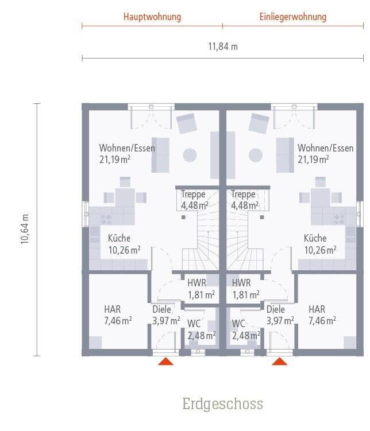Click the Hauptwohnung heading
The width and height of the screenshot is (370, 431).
pyautogui.click(x=152, y=17)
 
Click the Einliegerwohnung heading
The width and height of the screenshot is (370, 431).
pyautogui.click(x=293, y=17)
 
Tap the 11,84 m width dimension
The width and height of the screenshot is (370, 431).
pyautogui.click(x=223, y=46)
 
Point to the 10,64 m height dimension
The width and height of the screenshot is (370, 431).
pyautogui.click(x=25, y=228)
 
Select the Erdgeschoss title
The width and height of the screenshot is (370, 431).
pyautogui.click(x=222, y=404)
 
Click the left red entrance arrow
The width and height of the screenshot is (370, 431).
pyautogui.click(x=166, y=361)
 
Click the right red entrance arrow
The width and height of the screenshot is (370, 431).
pyautogui.click(x=280, y=361)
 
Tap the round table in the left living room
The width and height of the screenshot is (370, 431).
pyautogui.click(x=190, y=156)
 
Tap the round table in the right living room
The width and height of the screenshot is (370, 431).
pyautogui.click(x=256, y=156)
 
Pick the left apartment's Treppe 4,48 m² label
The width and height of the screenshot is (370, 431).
pyautogui.click(x=195, y=200)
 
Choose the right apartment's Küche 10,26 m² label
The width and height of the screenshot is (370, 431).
pyautogui.click(x=320, y=244)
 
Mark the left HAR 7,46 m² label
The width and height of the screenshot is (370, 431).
pyautogui.click(x=118, y=315)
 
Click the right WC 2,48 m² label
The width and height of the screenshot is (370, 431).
pyautogui.click(x=246, y=330)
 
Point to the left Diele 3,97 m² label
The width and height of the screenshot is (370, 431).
pyautogui.click(x=166, y=315)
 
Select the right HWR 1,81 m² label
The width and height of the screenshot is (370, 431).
pyautogui.click(x=246, y=289)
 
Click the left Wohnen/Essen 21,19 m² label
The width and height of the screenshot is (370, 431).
pyautogui.click(x=127, y=154)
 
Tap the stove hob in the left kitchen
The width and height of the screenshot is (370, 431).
pyautogui.click(x=106, y=220)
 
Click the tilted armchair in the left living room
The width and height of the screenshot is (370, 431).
pyautogui.click(x=187, y=123)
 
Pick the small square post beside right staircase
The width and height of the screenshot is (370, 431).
pyautogui.click(x=262, y=217)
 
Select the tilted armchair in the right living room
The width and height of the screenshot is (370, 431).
pyautogui.click(x=259, y=123)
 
